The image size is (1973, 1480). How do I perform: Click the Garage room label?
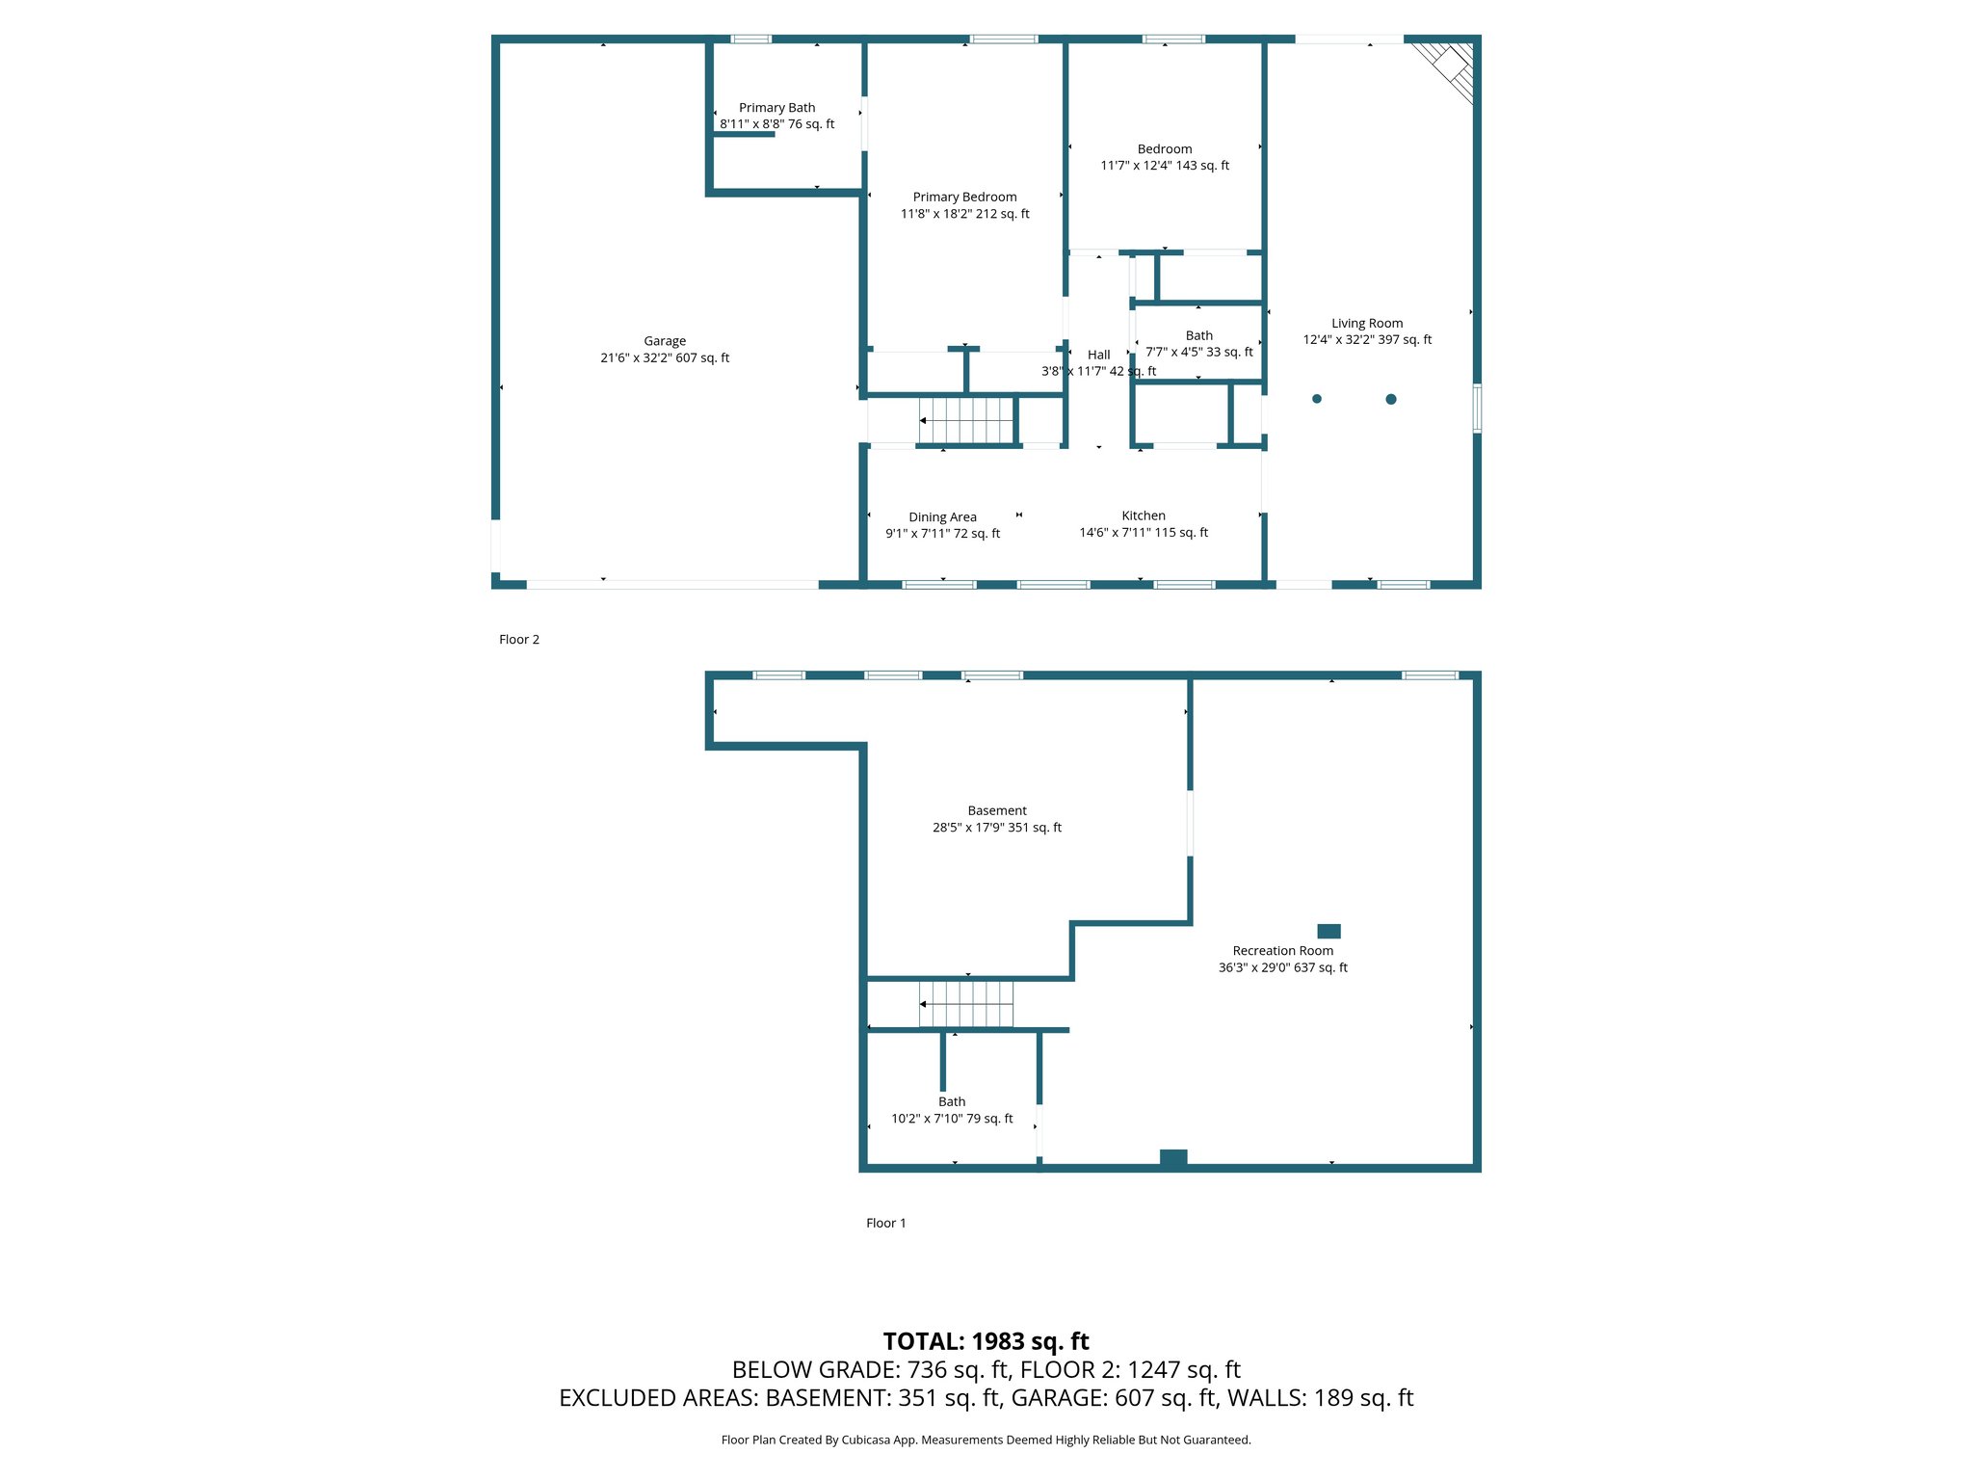click(x=665, y=341)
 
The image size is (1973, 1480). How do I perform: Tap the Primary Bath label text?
click(x=776, y=108)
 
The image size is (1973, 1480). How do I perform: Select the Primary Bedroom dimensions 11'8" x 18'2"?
click(x=964, y=214)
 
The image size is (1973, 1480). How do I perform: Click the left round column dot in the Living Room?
click(x=1317, y=399)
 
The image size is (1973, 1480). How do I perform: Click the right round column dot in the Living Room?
click(x=1391, y=399)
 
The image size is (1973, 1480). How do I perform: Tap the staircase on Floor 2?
click(x=965, y=421)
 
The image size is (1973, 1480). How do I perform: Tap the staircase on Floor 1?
click(x=965, y=1004)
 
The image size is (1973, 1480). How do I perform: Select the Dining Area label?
click(x=942, y=517)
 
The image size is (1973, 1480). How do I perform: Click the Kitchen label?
click(x=1144, y=516)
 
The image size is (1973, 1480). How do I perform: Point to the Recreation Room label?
click(x=1282, y=951)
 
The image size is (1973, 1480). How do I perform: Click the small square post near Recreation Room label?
click(x=1328, y=931)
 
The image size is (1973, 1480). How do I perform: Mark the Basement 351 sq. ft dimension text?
click(x=997, y=828)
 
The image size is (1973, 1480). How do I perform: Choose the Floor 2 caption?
click(x=519, y=640)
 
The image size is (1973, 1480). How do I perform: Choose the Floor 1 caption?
click(x=885, y=1223)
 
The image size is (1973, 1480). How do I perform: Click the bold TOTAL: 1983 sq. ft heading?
click(x=986, y=1341)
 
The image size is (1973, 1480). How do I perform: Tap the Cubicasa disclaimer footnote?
click(x=986, y=1440)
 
